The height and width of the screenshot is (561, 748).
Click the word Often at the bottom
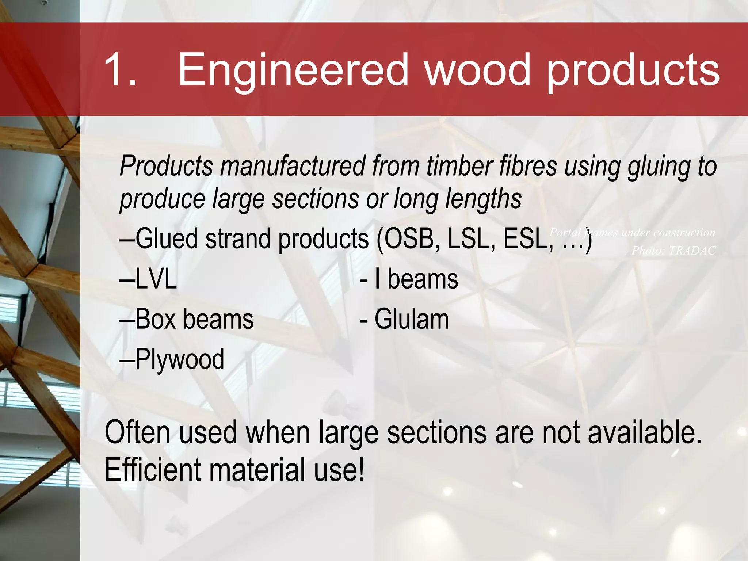coord(137,433)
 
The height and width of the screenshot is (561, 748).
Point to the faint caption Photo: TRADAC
coord(673,251)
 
